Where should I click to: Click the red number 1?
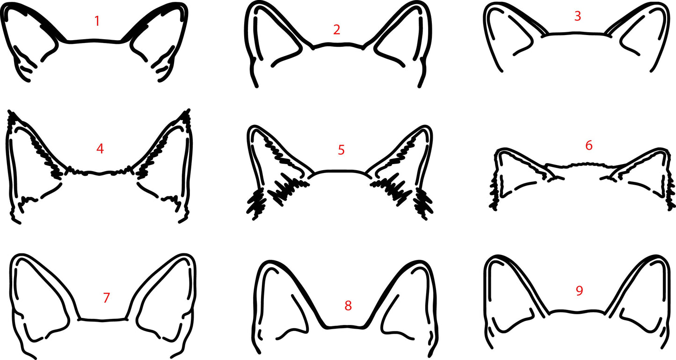point(97,21)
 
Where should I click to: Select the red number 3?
point(578,16)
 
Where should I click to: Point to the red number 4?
point(100,149)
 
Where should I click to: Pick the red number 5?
point(341,150)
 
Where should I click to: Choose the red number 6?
point(589,145)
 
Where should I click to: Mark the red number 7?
point(106,297)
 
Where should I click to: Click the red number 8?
point(348,306)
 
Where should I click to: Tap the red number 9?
point(579,291)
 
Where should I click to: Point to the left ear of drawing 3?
point(510,35)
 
